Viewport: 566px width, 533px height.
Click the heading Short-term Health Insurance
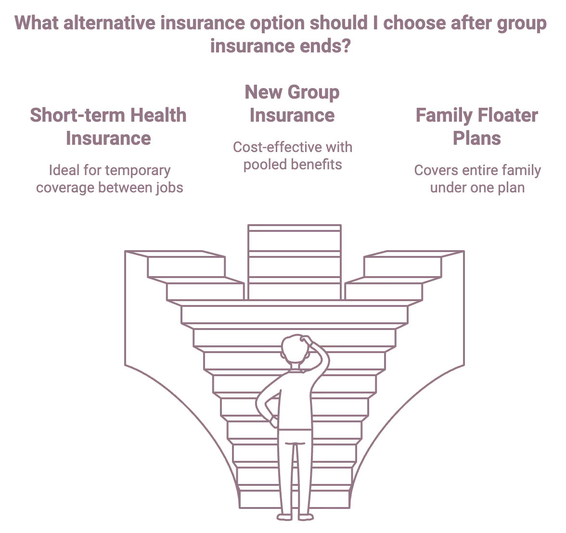[108, 127]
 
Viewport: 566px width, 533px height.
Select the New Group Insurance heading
[292, 103]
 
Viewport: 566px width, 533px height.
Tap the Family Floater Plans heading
[476, 127]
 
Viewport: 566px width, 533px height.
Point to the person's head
[294, 349]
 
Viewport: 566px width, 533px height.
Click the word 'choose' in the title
[414, 23]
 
